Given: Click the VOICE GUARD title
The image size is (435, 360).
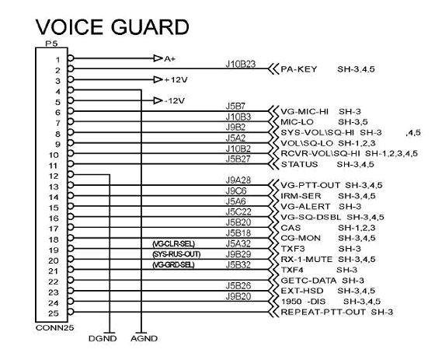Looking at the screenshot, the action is [x=113, y=27].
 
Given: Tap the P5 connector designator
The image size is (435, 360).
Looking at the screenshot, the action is [x=51, y=44].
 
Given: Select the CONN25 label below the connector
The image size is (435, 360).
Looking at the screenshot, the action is [x=54, y=328].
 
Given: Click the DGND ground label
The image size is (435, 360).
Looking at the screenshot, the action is [x=103, y=338].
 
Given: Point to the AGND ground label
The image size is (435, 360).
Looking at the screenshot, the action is [x=144, y=338].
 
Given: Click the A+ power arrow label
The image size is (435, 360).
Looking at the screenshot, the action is [x=170, y=59].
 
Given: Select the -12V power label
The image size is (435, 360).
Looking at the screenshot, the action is [x=175, y=100].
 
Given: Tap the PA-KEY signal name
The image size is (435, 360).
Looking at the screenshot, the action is [x=299, y=69].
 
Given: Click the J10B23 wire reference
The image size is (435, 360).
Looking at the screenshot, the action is [x=241, y=65].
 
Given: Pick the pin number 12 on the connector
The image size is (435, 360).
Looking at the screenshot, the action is [x=54, y=176].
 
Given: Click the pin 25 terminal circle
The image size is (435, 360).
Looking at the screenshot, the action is [x=71, y=312].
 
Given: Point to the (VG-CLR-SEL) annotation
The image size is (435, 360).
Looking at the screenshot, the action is [x=174, y=244].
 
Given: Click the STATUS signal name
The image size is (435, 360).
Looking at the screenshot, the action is [x=299, y=164].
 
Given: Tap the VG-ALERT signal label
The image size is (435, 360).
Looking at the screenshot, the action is [x=305, y=207].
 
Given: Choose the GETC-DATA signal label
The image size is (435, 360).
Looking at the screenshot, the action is [x=308, y=281].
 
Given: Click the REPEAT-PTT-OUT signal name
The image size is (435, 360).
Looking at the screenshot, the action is [x=323, y=312].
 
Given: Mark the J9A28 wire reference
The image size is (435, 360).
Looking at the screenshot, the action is [x=238, y=180].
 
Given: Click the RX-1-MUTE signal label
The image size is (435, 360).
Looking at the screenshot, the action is [x=307, y=260].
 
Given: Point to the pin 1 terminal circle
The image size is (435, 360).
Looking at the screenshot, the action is [x=71, y=58].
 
